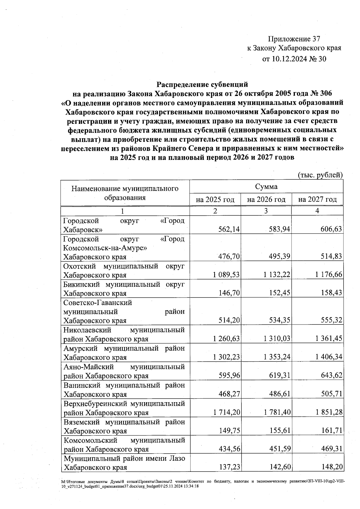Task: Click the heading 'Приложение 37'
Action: coord(294,39)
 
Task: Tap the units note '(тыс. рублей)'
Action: coord(320,175)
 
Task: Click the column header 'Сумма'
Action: coord(266,187)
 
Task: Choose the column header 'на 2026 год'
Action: coord(266,199)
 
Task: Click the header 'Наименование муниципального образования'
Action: coord(125,193)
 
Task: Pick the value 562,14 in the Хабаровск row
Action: coord(229,229)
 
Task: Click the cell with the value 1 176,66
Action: coord(329,274)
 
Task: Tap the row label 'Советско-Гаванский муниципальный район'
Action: coord(124,311)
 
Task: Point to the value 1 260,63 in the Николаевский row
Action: coord(226,339)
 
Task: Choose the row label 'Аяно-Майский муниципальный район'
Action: coord(124,371)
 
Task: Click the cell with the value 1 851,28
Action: coord(329,412)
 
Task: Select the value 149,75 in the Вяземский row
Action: coord(229,431)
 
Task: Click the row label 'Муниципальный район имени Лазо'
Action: coord(124,463)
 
